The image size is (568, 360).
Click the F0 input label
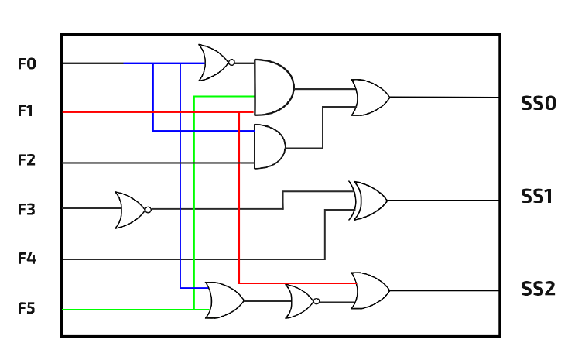click(27, 63)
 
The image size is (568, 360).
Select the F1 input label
click(26, 111)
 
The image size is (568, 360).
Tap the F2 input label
click(27, 160)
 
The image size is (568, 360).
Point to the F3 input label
click(27, 210)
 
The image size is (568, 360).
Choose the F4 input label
click(27, 259)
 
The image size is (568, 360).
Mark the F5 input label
click(27, 309)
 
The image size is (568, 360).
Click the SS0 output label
click(539, 103)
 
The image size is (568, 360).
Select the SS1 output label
click(536, 196)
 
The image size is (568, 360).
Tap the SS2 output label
click(538, 289)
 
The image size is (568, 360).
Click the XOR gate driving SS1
click(368, 201)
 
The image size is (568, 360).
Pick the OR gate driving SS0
click(371, 98)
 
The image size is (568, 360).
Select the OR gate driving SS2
click(371, 290)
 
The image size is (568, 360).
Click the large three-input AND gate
click(274, 87)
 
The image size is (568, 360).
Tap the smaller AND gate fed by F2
click(270, 146)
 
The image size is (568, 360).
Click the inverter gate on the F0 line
click(216, 63)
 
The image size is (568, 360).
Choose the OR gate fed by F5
click(225, 300)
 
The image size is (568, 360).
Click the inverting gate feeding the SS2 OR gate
click(303, 301)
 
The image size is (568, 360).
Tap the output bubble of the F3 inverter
click(148, 210)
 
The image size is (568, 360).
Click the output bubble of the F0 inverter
click(231, 63)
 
